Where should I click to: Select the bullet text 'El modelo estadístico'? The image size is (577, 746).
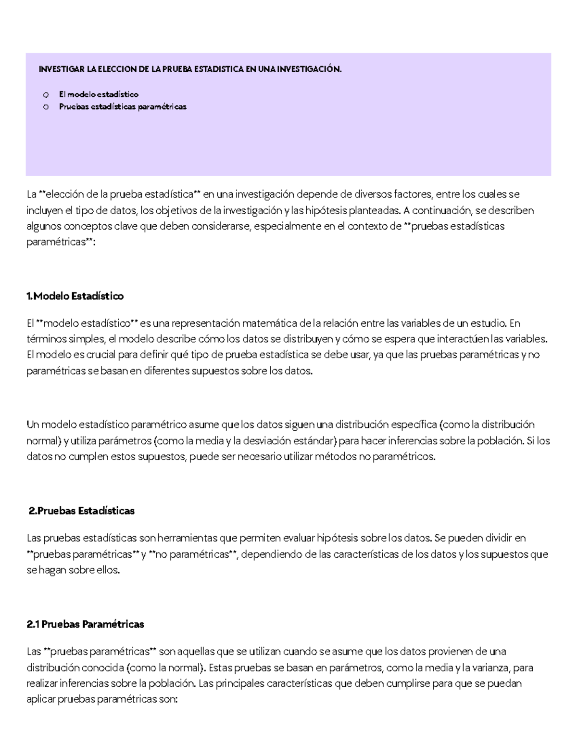click(99, 94)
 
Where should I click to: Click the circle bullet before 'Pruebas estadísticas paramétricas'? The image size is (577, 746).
click(46, 107)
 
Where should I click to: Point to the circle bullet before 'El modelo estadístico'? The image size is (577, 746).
click(46, 95)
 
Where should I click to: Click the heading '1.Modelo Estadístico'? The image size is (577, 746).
click(75, 296)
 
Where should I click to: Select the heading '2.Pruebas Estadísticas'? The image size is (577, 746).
click(82, 511)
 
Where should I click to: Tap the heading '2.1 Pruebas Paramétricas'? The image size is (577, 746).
click(86, 625)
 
